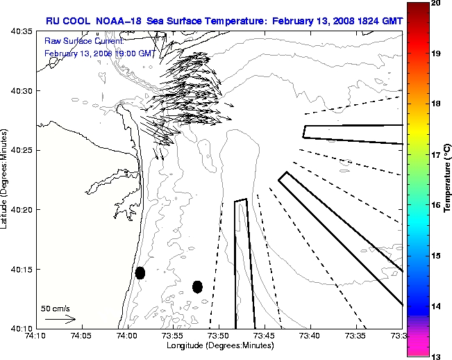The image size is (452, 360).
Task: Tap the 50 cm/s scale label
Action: point(55,307)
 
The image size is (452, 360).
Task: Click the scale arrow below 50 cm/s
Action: point(60,319)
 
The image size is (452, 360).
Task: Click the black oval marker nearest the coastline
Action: point(140,272)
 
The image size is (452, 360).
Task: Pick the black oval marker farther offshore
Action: point(197,286)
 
